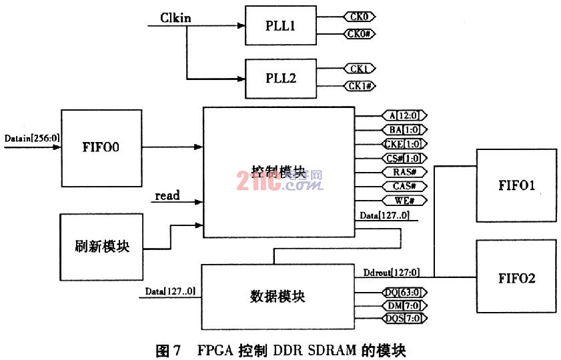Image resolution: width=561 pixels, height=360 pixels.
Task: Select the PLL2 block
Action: point(279,78)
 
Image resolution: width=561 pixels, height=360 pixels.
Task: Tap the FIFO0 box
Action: point(101,148)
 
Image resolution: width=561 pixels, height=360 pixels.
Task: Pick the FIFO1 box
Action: point(516,185)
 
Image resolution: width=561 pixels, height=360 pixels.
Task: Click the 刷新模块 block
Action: point(101,246)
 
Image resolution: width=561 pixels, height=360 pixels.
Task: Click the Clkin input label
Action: point(176,17)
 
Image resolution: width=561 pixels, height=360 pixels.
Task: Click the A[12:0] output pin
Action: point(404,114)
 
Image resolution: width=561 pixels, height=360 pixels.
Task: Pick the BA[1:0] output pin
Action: point(404,129)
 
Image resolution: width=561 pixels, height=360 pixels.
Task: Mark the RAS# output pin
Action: point(405,171)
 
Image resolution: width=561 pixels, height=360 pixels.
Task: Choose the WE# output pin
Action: point(405,200)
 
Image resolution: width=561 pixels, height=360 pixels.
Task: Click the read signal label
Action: point(167,196)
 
